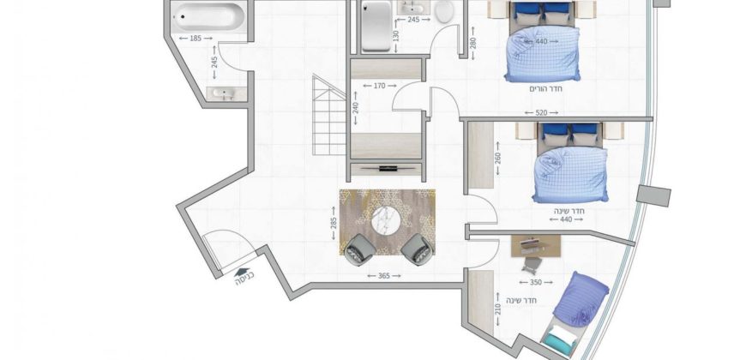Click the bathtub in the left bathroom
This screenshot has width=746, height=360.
[209, 16]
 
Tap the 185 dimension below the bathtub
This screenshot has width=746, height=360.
[196, 39]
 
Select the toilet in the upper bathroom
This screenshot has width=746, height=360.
[444, 12]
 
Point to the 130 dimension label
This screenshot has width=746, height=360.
[396, 36]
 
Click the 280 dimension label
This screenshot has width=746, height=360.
[473, 43]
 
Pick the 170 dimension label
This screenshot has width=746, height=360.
[379, 86]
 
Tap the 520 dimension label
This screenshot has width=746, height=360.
[541, 113]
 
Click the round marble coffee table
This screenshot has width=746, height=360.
[386, 220]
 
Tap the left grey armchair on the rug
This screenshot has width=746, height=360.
[359, 249]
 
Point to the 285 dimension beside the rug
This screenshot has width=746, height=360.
[334, 223]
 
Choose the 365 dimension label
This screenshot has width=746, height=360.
[384, 276]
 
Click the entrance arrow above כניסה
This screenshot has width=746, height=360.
[243, 272]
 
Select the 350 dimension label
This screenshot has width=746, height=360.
[536, 283]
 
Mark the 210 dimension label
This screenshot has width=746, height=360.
[498, 309]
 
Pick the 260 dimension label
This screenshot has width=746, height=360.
[498, 159]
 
